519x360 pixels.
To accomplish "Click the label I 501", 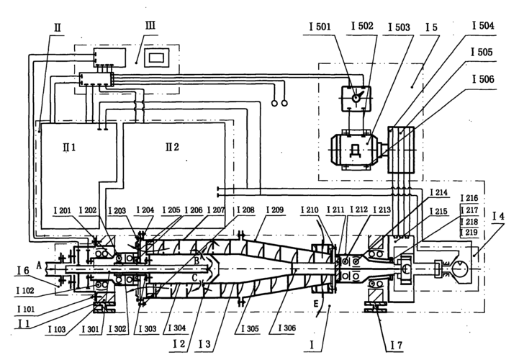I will tap(319, 27).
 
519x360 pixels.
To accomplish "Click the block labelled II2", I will tap(173, 148).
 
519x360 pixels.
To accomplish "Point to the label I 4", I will tap(500, 216).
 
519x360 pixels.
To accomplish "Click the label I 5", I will tap(430, 27).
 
